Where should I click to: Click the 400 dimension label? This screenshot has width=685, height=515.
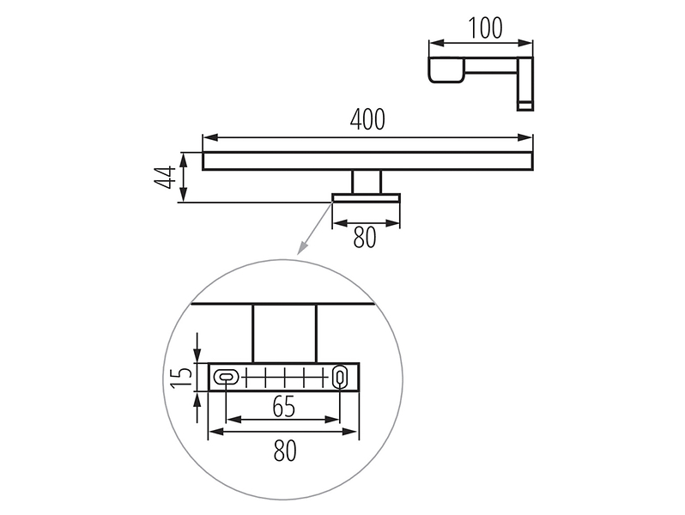click(x=367, y=119)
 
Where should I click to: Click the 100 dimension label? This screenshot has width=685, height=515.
click(x=485, y=28)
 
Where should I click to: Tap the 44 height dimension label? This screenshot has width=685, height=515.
click(x=165, y=178)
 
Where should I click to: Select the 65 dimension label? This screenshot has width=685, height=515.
click(x=284, y=407)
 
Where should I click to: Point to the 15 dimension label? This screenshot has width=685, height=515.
click(x=181, y=378)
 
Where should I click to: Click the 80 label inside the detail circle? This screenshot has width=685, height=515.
click(x=285, y=451)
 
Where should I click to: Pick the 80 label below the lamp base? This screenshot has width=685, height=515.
click(x=364, y=238)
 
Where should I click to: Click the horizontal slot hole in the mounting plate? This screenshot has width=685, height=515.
click(x=226, y=377)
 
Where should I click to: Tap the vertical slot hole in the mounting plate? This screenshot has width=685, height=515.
click(x=339, y=377)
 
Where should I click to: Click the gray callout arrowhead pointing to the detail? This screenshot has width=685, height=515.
click(x=301, y=248)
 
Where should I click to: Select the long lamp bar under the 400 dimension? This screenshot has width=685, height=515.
click(x=367, y=161)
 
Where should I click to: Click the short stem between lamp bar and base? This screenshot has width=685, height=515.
click(x=367, y=182)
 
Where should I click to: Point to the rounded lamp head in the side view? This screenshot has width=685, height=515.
click(x=446, y=70)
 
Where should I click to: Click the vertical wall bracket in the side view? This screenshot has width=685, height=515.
click(x=525, y=83)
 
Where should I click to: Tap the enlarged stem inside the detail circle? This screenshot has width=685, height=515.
click(x=284, y=334)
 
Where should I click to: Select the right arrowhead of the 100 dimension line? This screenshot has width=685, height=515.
click(x=525, y=43)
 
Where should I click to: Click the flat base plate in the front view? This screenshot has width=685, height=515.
click(x=366, y=198)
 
